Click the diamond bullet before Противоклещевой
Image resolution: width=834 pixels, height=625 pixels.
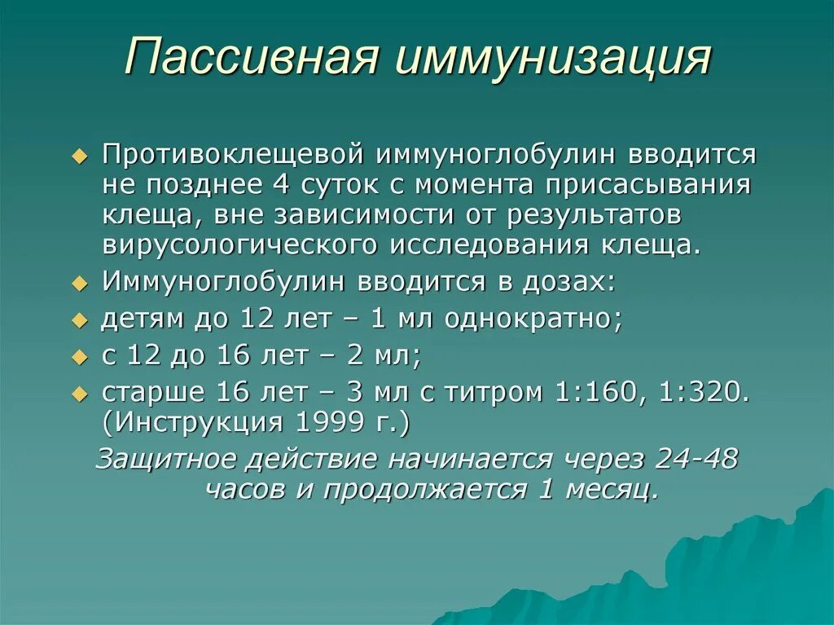pyautogui.click(x=79, y=156)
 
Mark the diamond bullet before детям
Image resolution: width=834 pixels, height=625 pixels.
pyautogui.click(x=79, y=320)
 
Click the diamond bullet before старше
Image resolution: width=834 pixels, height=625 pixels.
pyautogui.click(x=79, y=394)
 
